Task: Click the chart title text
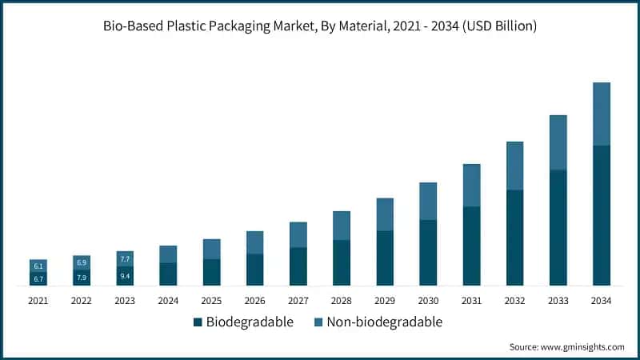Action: pos(320,26)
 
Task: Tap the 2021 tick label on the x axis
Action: pos(38,301)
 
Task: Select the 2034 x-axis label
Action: pos(601,301)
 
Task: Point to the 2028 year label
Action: pos(342,301)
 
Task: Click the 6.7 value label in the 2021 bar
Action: pos(38,278)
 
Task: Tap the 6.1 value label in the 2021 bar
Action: pos(38,266)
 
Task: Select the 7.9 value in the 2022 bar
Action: pos(82,278)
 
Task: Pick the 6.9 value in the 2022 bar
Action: pos(82,262)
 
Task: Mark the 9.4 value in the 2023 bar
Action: pos(125,276)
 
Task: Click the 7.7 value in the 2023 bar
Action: pos(125,259)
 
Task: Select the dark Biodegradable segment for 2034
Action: pos(601,216)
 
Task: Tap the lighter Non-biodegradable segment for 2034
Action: pos(601,114)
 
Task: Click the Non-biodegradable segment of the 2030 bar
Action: pos(428,201)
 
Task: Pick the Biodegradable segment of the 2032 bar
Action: pos(514,238)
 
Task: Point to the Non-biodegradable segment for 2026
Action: pos(254,242)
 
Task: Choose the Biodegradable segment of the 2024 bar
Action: pos(168,274)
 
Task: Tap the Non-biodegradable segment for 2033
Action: pos(558,142)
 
